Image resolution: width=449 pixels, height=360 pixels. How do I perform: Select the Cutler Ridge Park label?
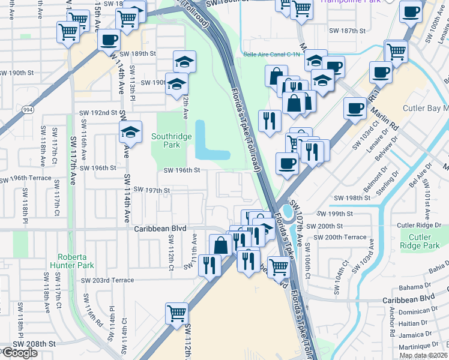(420, 241)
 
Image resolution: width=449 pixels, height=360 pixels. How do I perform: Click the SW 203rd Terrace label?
(107, 280)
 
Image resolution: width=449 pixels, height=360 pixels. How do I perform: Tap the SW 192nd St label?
(98, 113)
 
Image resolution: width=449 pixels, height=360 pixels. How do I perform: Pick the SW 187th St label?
(347, 30)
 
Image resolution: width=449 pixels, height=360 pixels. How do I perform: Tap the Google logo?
(19, 353)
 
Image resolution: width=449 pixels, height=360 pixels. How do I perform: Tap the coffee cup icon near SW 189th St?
(108, 40)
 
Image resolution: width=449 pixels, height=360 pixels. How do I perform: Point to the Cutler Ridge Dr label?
(420, 225)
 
